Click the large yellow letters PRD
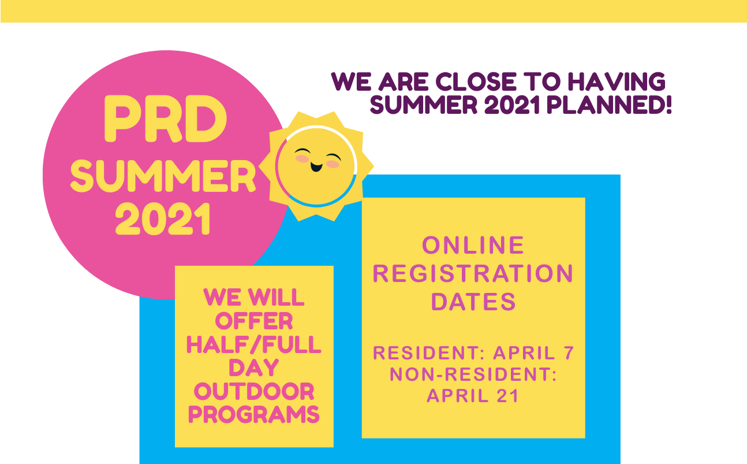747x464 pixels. [166, 119]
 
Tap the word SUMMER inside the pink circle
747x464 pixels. [163, 176]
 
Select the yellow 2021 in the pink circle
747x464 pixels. [163, 219]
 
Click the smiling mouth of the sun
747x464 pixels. [316, 166]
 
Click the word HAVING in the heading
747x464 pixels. [617, 82]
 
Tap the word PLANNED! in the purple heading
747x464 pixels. [609, 105]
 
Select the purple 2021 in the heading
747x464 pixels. [511, 105]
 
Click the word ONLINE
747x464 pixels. [473, 246]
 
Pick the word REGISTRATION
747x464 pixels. [473, 274]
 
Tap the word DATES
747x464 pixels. [473, 302]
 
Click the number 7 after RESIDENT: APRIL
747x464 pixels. [569, 353]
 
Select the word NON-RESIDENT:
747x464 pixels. [473, 374]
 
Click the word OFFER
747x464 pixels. [254, 321]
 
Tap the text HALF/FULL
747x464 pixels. [254, 344]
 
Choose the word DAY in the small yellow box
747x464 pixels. [254, 368]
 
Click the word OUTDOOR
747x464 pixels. [254, 391]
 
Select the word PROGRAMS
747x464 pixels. [254, 415]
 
